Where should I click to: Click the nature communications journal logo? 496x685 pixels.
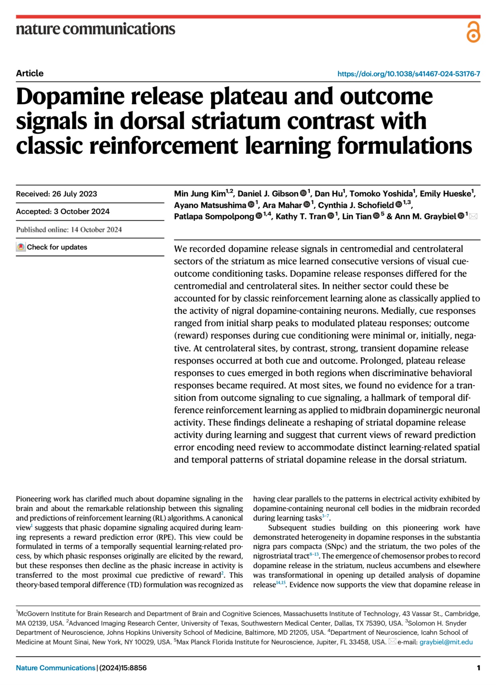point(95,29)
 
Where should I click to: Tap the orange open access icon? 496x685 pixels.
point(473,32)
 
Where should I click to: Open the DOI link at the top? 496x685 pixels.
point(409,74)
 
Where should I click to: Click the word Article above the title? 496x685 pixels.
point(30,73)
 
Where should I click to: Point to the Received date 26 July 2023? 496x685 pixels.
point(56,194)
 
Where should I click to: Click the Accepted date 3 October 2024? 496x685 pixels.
point(63,212)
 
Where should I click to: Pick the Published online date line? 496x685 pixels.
point(69,230)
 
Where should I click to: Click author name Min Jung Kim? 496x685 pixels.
point(199,194)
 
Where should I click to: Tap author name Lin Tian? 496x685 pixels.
point(357,216)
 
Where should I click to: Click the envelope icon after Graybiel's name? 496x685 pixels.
point(473,216)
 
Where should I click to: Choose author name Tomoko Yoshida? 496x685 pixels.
point(381,194)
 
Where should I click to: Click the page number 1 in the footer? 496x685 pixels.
point(478,668)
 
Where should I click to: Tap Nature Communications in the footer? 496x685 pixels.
point(56,668)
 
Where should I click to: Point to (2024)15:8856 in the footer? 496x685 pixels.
point(123,668)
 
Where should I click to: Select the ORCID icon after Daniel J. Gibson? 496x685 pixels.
point(303,194)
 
